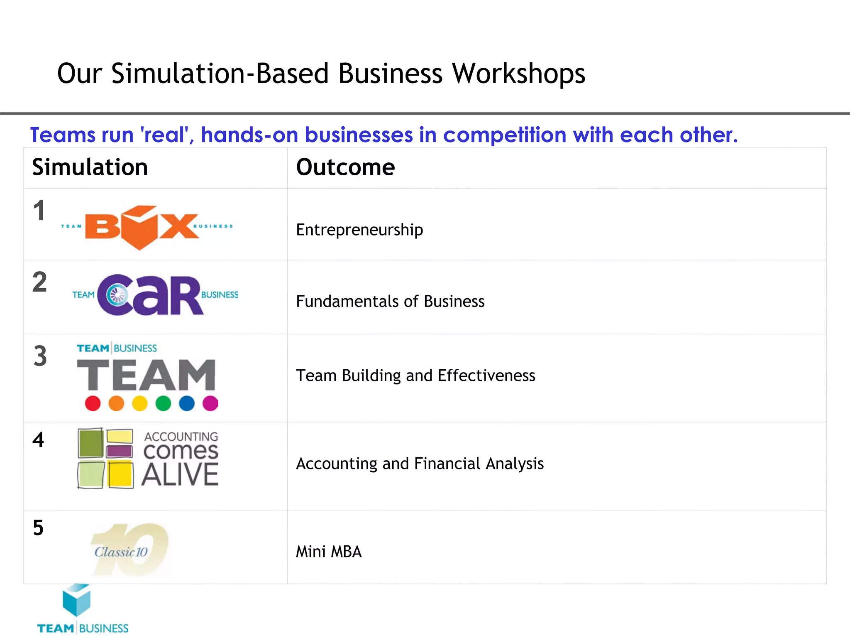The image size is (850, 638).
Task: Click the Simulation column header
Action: tap(90, 167)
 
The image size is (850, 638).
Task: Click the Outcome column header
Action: tap(345, 167)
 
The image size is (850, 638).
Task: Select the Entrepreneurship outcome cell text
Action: tap(359, 230)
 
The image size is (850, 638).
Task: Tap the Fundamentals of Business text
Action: tap(390, 301)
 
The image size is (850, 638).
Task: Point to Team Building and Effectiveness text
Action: tap(415, 375)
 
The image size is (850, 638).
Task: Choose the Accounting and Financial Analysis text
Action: tap(420, 464)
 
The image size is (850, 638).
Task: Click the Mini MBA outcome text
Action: tap(329, 552)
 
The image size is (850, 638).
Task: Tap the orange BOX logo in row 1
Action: tap(141, 227)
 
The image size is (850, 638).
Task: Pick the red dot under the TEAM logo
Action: tap(93, 403)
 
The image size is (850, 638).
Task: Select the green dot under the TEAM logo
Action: tap(164, 403)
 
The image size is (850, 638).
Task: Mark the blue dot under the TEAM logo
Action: tap(187, 403)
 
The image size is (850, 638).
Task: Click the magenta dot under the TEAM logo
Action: tap(210, 403)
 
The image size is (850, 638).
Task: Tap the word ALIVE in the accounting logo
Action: tap(180, 475)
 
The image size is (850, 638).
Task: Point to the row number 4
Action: tap(38, 440)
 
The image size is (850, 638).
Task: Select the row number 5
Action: tap(38, 528)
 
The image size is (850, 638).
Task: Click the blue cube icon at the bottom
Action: tap(76, 600)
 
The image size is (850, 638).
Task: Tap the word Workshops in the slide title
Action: tap(518, 74)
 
